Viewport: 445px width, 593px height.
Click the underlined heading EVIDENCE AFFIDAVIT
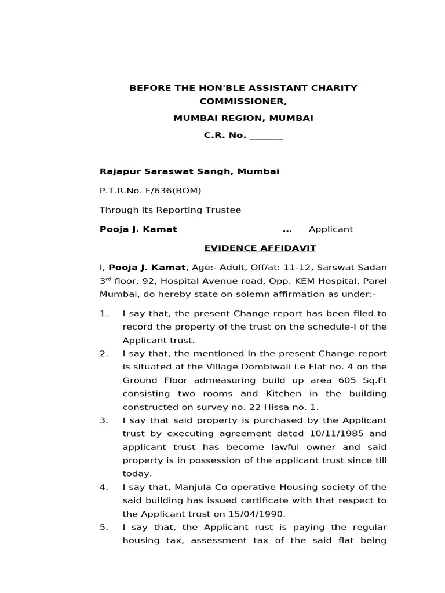pos(260,248)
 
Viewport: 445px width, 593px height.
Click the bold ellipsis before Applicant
pos(287,229)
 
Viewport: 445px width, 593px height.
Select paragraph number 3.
pos(104,420)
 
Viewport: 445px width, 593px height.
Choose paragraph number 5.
pos(104,527)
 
